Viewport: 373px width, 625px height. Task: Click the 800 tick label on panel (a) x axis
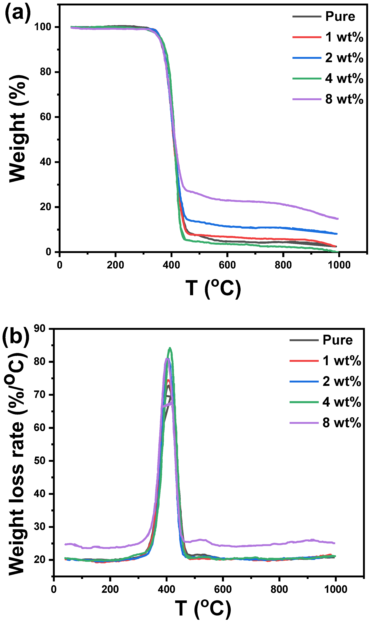[283, 265]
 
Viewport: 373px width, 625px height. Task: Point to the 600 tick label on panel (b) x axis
[223, 589]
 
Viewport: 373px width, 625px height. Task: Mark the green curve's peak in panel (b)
[170, 348]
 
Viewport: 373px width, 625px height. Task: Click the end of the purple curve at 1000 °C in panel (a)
[338, 219]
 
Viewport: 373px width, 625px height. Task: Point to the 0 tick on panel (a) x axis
[60, 265]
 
